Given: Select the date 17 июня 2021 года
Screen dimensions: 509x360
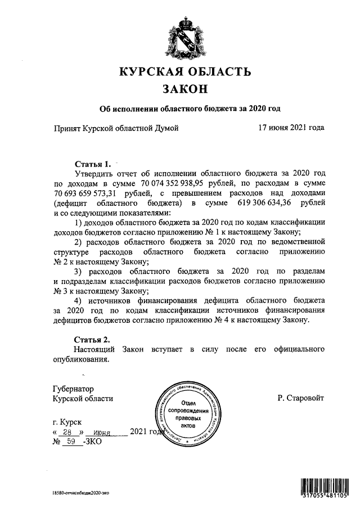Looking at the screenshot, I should pyautogui.click(x=291, y=128).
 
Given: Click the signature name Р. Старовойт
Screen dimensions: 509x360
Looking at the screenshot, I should pyautogui.click(x=300, y=398).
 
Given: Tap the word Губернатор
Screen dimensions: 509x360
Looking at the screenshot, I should pyautogui.click(x=73, y=388).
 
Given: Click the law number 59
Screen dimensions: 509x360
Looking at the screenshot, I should pyautogui.click(x=71, y=442).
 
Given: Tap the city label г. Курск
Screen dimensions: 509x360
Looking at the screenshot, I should pyautogui.click(x=66, y=421).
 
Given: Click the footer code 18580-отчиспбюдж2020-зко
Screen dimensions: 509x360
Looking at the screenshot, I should pyautogui.click(x=77, y=492).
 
